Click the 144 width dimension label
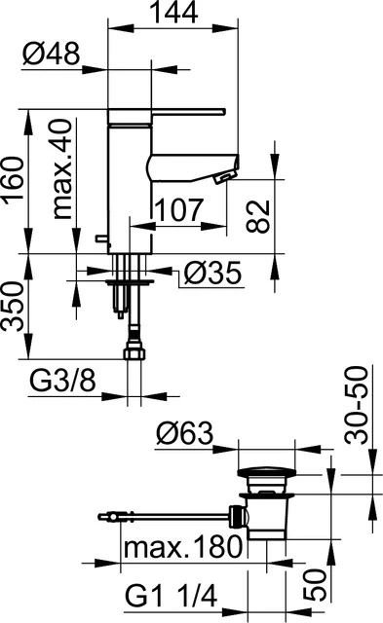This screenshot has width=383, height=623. click(x=174, y=13)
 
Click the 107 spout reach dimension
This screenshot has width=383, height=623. click(x=178, y=209)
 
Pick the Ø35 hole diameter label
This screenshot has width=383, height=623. click(x=210, y=276)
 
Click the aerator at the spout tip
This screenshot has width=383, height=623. click(x=222, y=176)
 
